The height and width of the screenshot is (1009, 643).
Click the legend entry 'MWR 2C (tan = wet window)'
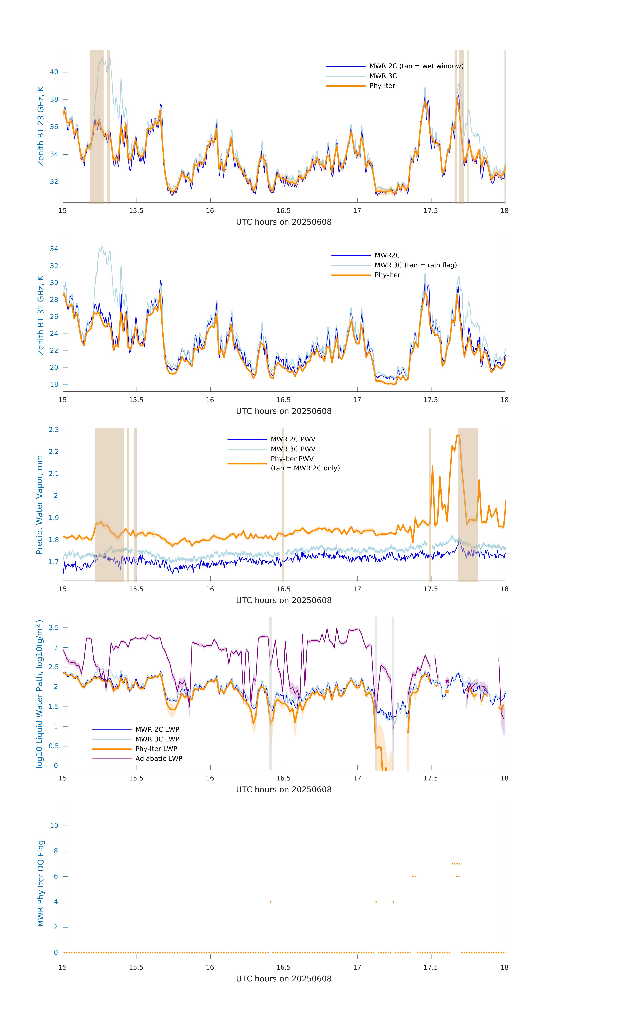tap(416, 66)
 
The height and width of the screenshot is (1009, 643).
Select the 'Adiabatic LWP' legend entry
tap(159, 758)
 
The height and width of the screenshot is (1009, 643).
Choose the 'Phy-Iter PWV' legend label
tap(292, 459)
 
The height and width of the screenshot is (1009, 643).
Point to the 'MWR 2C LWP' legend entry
tap(157, 730)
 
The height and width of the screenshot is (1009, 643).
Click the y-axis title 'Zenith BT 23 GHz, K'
tap(41, 126)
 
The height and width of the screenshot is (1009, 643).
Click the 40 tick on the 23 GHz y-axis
tap(54, 72)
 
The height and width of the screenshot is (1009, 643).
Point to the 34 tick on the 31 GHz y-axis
tap(54, 249)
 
